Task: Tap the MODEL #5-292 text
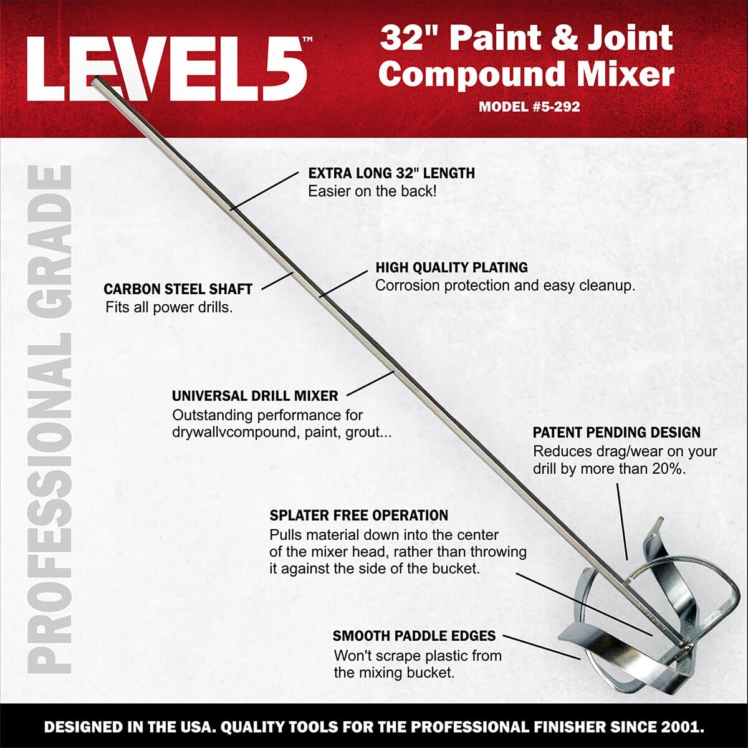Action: coord(529,107)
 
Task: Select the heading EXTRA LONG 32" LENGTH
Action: coord(391,173)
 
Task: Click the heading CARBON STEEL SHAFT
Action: coord(178,289)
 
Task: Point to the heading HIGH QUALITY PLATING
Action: coord(451,267)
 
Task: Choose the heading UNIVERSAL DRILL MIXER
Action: coord(255,396)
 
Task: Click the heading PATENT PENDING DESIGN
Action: coord(616,433)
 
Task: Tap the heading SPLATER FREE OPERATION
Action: coord(358,515)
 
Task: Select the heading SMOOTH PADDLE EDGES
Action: coord(414,636)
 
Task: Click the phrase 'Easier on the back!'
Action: coord(372,191)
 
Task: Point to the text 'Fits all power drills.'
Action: coord(169,307)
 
